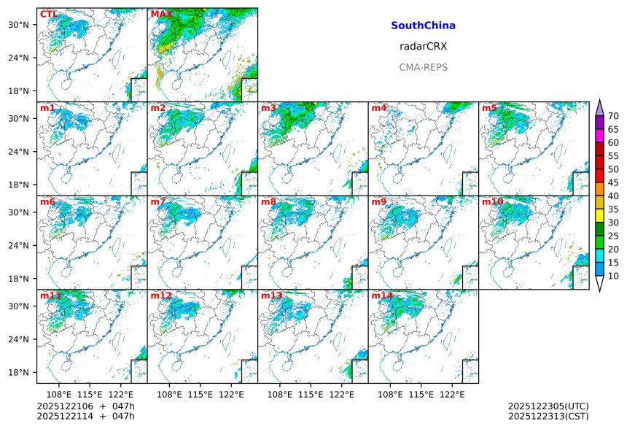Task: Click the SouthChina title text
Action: point(423,26)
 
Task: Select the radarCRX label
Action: point(423,46)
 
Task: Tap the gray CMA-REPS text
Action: point(423,67)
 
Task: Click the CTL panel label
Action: point(48,15)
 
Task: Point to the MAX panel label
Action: point(161,15)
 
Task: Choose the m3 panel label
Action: point(268,109)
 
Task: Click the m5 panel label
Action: point(489,109)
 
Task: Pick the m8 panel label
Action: point(268,202)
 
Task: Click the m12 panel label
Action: point(161,296)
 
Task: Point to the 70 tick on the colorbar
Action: point(613,116)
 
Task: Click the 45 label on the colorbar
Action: point(613,182)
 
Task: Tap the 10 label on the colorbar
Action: point(613,276)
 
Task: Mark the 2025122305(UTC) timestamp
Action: point(548,406)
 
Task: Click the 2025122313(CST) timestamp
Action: point(548,417)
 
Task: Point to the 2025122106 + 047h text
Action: point(80,406)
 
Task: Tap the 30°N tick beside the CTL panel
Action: point(24,25)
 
